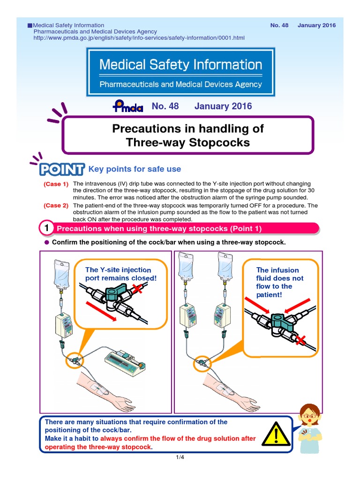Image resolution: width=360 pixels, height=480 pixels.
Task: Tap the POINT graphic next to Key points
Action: tap(62, 169)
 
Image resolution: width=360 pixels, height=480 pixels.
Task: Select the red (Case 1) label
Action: tap(56, 184)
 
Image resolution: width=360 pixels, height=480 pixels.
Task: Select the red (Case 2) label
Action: tap(56, 206)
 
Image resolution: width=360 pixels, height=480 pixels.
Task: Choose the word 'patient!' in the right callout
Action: tap(269, 294)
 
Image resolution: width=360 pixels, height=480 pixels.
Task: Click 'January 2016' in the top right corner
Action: tap(316, 25)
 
